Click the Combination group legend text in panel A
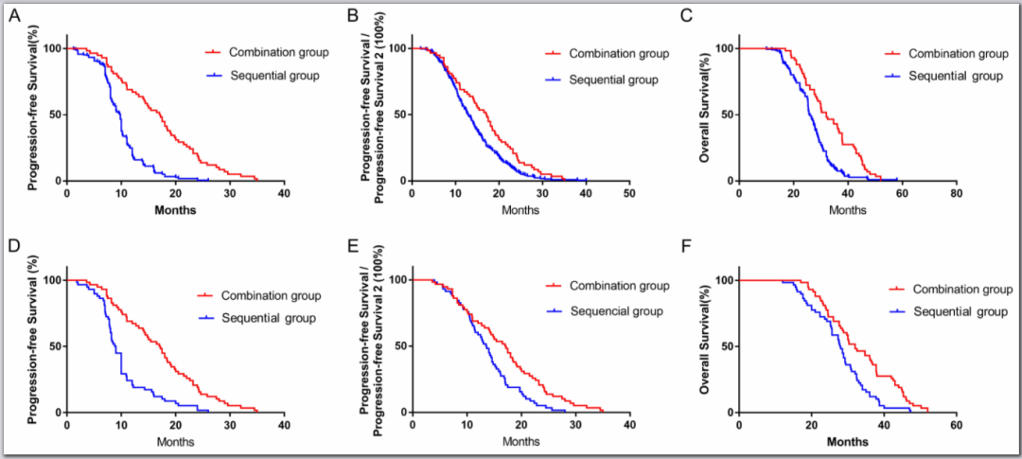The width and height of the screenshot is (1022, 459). pos(277,52)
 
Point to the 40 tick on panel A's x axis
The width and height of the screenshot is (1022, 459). pos(284,195)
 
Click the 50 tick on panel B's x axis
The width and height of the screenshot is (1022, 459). pos(629,195)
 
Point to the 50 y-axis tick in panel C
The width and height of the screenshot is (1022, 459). pos(726,115)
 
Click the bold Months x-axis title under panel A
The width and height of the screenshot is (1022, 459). pos(175,209)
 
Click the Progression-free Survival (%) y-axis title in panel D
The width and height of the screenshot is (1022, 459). pos(34,345)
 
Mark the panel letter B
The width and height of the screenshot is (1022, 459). pos(352,15)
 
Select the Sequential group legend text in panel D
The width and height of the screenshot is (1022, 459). pos(270,318)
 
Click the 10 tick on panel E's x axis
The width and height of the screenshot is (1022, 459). pos(466,427)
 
